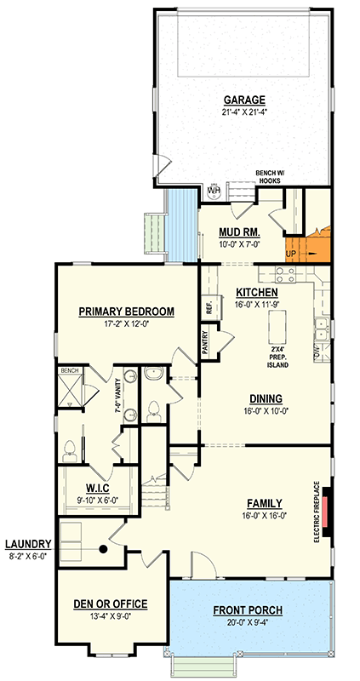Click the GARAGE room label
pyautogui.click(x=243, y=99)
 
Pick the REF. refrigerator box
pyautogui.click(x=209, y=308)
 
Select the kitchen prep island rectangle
pyautogui.click(x=277, y=325)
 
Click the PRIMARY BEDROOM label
pyautogui.click(x=126, y=312)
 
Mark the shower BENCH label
pyautogui.click(x=68, y=372)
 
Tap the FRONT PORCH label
pyautogui.click(x=248, y=610)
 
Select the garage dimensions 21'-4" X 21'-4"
pyautogui.click(x=243, y=112)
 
